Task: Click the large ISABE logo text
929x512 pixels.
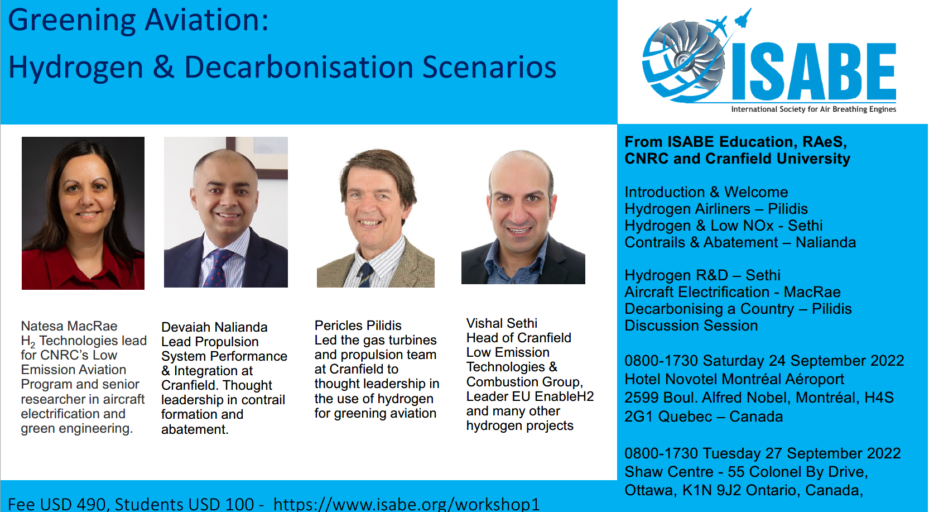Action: pos(814,71)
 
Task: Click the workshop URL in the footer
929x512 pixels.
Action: pos(406,504)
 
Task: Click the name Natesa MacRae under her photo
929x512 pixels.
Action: pos(69,326)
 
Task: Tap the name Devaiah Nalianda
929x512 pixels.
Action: pos(214,327)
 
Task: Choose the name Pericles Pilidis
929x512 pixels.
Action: pos(358,326)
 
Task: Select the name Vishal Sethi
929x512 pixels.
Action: pos(502,323)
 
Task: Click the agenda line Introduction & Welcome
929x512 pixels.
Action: pos(706,192)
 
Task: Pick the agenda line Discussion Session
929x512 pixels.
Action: pos(691,326)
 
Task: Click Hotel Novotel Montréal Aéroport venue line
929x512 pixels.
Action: pos(734,379)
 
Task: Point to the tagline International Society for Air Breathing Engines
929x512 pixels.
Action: pos(814,109)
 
